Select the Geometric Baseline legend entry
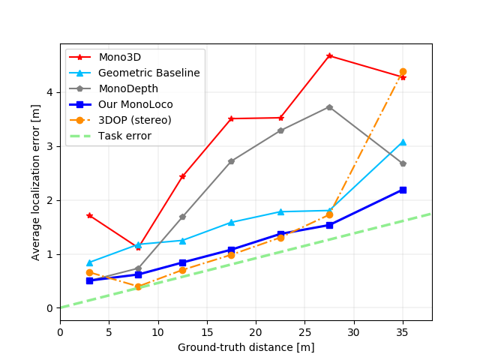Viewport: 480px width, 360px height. [x=148, y=73]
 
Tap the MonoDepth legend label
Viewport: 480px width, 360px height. [x=128, y=88]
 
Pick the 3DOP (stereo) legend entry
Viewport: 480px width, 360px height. [x=134, y=120]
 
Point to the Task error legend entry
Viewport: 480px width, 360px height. [x=124, y=136]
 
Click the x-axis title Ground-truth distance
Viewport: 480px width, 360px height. [x=246, y=347]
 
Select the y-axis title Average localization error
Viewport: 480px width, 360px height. [x=36, y=183]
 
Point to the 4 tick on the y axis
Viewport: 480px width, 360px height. [x=49, y=92]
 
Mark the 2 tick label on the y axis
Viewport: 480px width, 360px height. [x=49, y=200]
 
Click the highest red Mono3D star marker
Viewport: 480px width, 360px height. [x=329, y=56]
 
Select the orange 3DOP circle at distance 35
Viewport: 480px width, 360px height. [x=403, y=72]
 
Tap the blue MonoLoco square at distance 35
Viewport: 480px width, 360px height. [x=403, y=190]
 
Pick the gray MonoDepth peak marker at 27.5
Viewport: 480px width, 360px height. [x=329, y=107]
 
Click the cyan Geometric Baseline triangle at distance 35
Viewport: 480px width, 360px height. [x=403, y=142]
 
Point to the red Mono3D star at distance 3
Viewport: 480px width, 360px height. [x=89, y=215]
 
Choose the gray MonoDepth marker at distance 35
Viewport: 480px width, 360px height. [x=403, y=163]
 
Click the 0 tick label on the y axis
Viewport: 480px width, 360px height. [x=49, y=308]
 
